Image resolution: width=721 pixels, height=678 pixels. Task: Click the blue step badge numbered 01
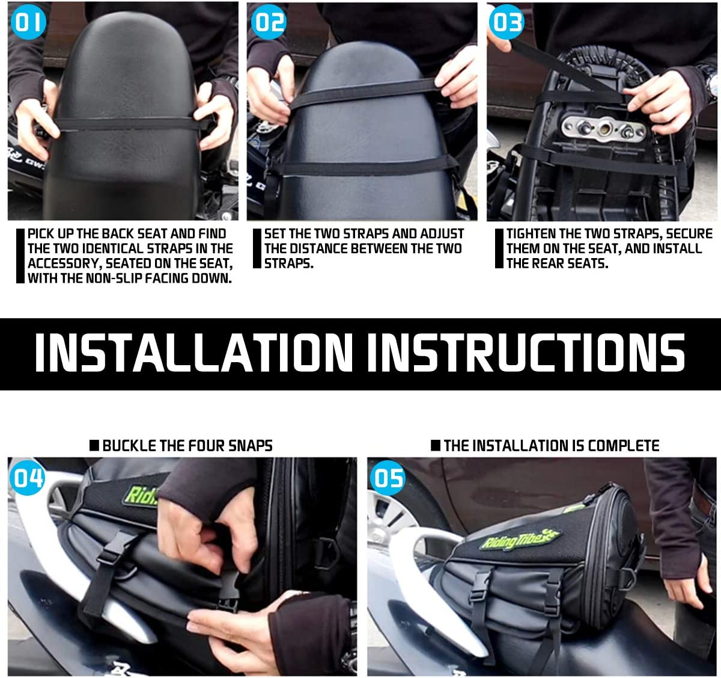tap(28, 22)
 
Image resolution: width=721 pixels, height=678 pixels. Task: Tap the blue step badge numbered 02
tap(269, 22)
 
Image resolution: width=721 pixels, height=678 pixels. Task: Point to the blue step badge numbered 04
tap(28, 478)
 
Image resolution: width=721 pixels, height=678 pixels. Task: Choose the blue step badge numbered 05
tap(388, 478)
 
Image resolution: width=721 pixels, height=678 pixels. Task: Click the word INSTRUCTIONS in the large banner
tap(526, 353)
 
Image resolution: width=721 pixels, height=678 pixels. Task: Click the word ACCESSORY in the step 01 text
tap(64, 263)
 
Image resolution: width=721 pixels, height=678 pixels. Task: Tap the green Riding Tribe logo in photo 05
tap(519, 539)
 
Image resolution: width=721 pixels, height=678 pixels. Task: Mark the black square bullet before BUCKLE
tap(94, 446)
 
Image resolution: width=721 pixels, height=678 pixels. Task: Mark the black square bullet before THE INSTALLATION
tap(436, 446)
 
